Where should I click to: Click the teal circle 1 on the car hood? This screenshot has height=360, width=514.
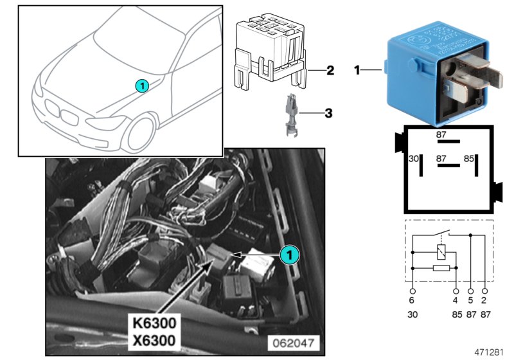click(142, 85)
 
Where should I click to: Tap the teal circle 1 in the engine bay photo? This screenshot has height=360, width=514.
click(289, 255)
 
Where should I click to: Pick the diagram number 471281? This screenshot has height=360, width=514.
click(490, 352)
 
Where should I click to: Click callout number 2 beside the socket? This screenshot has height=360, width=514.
click(330, 70)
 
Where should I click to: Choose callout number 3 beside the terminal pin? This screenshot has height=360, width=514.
click(328, 114)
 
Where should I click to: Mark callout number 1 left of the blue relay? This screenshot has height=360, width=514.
click(357, 69)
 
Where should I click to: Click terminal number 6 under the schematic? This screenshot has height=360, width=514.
click(412, 299)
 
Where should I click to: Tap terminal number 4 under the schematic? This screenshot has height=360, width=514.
click(455, 299)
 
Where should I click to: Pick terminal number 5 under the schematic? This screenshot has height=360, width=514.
click(470, 299)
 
